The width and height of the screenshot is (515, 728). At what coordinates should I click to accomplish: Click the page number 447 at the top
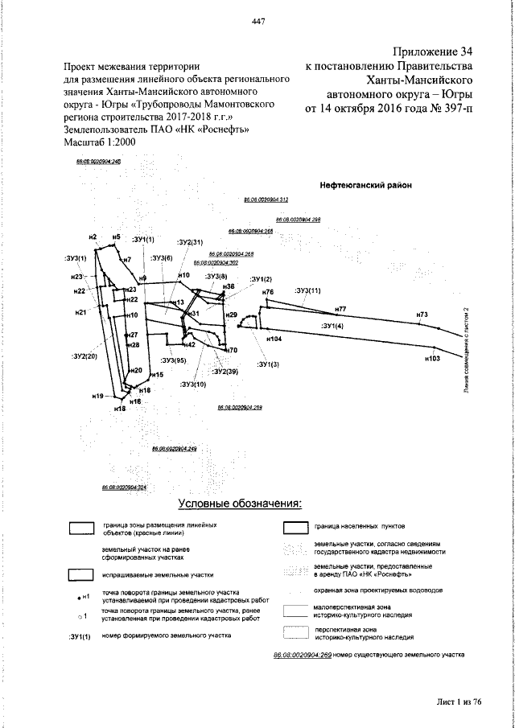(x=258, y=22)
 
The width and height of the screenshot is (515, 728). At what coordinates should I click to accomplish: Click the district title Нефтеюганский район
(x=365, y=184)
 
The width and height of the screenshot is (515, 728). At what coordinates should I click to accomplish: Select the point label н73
(x=422, y=314)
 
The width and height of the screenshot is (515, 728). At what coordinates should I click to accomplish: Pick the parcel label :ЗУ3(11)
(x=308, y=290)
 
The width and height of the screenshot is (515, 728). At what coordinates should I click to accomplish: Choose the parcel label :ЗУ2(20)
(x=84, y=356)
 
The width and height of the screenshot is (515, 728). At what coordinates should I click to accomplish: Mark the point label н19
(x=98, y=397)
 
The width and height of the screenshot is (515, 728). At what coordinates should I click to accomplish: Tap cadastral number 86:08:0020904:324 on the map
(x=124, y=487)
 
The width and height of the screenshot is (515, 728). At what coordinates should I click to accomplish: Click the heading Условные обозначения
(x=239, y=504)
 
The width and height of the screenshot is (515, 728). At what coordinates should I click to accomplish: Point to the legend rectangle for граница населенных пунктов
(x=295, y=528)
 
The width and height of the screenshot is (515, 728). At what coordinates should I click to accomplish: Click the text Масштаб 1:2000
(x=99, y=142)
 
